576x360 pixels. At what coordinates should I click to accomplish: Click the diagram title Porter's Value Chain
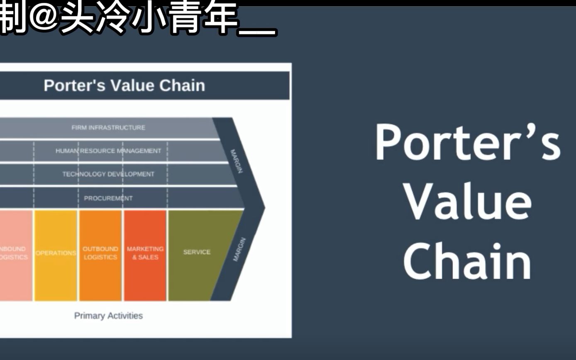(124, 85)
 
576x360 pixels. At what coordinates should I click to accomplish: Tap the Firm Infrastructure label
(108, 128)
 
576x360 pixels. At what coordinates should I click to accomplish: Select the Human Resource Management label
(108, 151)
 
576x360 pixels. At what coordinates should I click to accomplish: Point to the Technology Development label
(108, 174)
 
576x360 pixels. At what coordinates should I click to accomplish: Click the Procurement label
(108, 198)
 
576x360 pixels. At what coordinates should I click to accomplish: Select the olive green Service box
(197, 252)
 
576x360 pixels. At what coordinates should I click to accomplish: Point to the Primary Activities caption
(108, 316)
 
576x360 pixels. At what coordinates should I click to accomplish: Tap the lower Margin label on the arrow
(239, 250)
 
